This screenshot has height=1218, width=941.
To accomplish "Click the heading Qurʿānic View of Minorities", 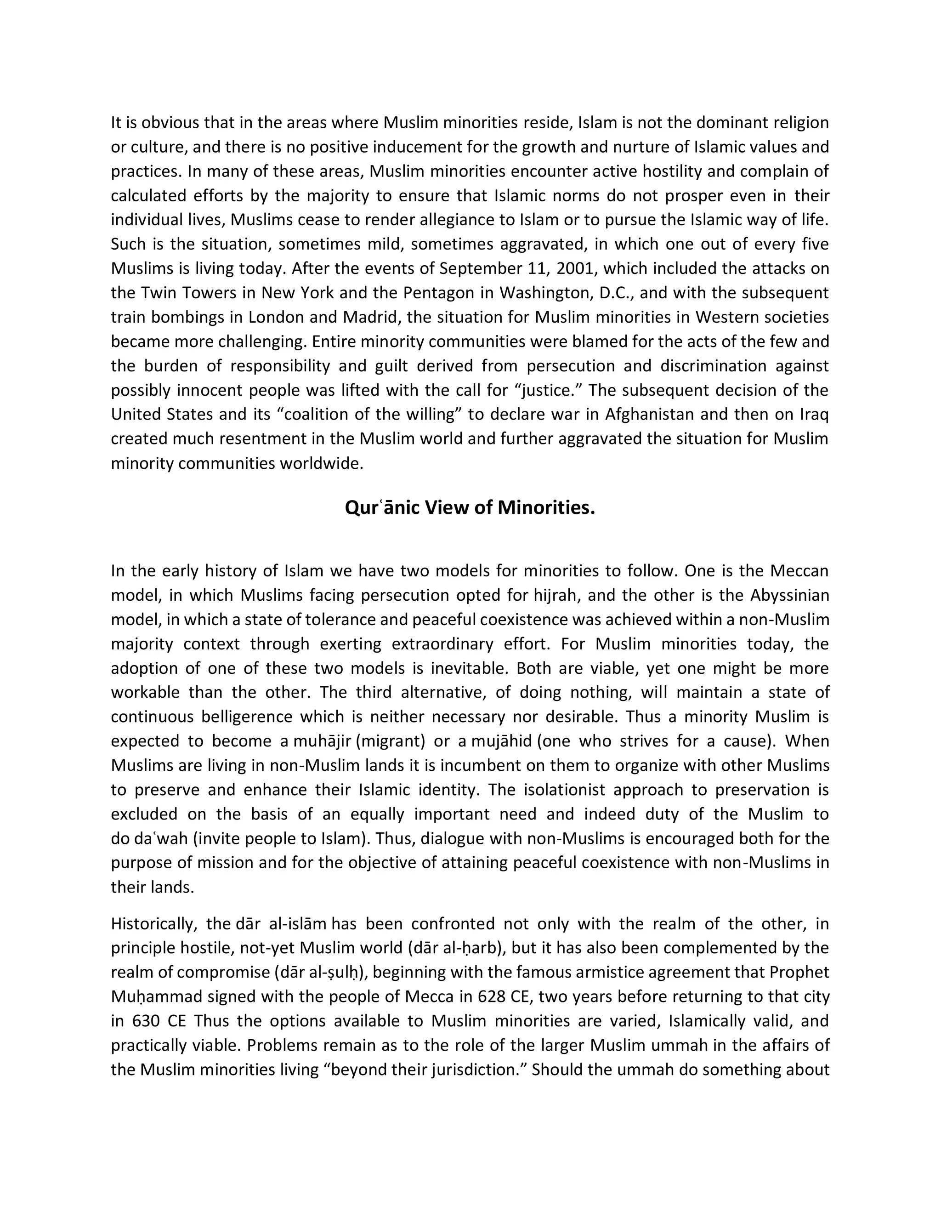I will [x=470, y=507].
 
